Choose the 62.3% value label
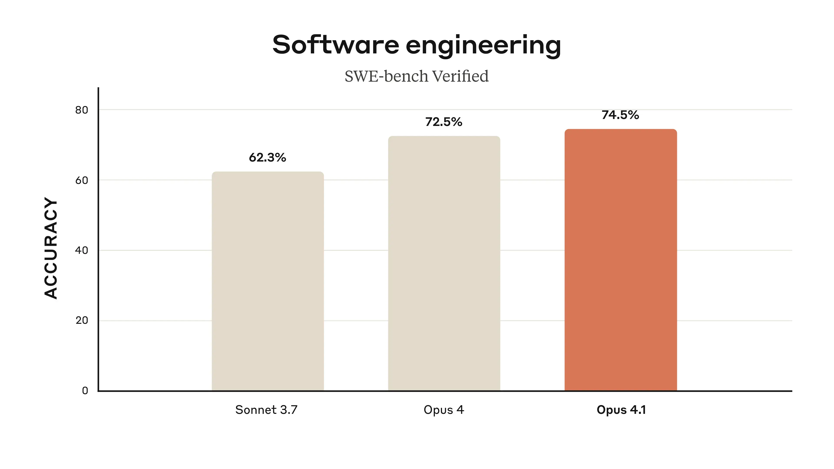pos(267,158)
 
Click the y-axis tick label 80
pos(82,110)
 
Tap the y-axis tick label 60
pos(82,180)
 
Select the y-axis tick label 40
pos(82,250)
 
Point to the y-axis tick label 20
pos(82,320)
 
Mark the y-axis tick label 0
pos(85,391)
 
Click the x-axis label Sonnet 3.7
pos(266,410)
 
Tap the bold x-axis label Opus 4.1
pos(621,410)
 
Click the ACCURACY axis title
pos(51,248)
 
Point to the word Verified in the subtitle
pos(460,76)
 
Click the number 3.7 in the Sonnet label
pos(288,410)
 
